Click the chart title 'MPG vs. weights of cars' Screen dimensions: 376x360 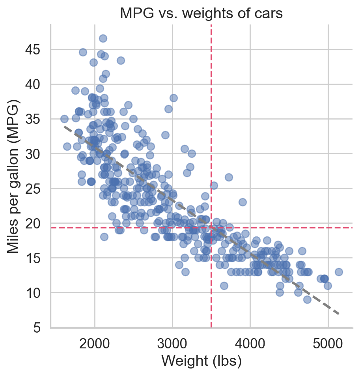(x=201, y=13)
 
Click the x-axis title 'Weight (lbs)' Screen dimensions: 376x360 (x=201, y=361)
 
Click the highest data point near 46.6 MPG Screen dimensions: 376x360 (x=103, y=38)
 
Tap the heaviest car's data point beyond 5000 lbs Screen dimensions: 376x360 (x=339, y=272)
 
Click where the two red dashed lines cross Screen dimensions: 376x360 (x=211, y=228)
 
